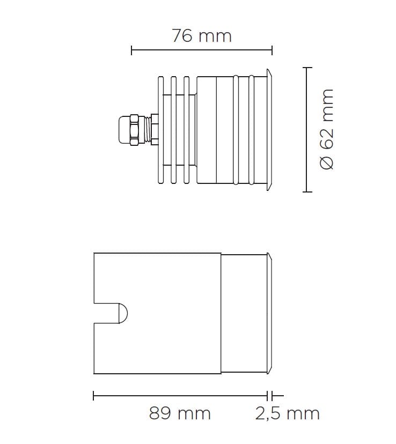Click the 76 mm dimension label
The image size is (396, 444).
[x=202, y=36]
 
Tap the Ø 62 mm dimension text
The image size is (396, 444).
[x=327, y=129]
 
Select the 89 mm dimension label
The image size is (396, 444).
[x=180, y=413]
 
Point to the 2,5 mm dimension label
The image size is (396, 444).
[x=287, y=413]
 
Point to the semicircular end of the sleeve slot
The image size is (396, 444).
[x=124, y=313]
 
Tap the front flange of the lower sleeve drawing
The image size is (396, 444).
[x=270, y=313]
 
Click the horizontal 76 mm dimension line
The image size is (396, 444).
[x=202, y=51]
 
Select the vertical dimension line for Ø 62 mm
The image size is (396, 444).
[x=307, y=129]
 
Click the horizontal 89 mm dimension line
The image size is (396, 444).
[x=180, y=396]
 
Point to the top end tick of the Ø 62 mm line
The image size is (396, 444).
[x=307, y=68]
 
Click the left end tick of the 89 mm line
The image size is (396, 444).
[x=94, y=396]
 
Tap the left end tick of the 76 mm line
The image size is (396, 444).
[x=131, y=51]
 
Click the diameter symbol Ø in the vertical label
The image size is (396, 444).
[x=327, y=162]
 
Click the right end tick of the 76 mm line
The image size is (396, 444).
[x=272, y=51]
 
